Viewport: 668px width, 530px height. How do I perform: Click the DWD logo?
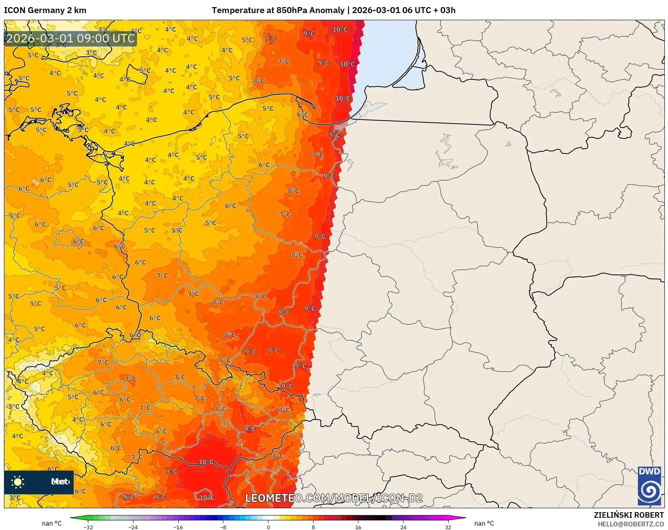649,486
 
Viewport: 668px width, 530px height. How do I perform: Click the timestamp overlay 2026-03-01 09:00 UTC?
70,38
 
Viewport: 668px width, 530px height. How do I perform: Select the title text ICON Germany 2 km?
45,10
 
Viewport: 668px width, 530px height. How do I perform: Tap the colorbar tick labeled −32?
88,527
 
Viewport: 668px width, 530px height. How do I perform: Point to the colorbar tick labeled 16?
358,527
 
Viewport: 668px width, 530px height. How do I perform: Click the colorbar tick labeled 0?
268,527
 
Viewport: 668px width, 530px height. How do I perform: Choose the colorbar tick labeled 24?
403,527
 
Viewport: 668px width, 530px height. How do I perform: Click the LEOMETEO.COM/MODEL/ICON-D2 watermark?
334,498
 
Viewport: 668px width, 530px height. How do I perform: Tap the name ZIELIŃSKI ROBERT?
628,515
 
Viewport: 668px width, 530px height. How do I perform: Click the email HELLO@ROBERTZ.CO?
630,524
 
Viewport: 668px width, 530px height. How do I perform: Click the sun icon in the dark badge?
18,482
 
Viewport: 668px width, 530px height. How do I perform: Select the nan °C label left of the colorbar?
52,523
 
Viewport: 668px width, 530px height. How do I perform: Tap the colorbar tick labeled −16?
178,527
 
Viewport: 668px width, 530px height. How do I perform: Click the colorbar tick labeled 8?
313,527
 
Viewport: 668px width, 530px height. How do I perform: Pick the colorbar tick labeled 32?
448,527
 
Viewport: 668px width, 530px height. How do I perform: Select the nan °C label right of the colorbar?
484,523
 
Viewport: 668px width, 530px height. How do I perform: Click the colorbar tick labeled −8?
223,527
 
